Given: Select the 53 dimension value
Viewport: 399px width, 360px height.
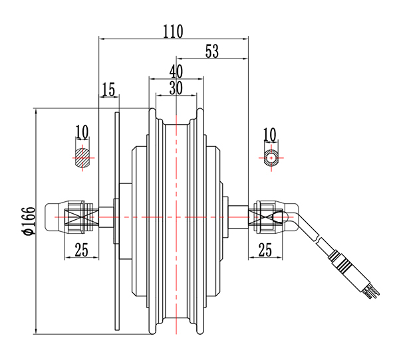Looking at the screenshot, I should [x=212, y=51].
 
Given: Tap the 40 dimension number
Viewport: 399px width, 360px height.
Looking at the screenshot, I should [x=176, y=70].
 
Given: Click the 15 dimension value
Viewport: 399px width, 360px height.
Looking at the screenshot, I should [x=108, y=88].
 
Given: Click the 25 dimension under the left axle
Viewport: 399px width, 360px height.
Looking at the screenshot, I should [x=81, y=250].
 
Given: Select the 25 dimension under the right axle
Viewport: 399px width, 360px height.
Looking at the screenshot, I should [x=265, y=250].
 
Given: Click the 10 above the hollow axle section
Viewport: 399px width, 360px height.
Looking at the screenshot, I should [x=269, y=133].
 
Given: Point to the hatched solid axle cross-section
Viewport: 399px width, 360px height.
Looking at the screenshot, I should [x=82, y=158].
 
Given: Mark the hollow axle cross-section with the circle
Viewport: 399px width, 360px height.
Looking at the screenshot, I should [x=272, y=158].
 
